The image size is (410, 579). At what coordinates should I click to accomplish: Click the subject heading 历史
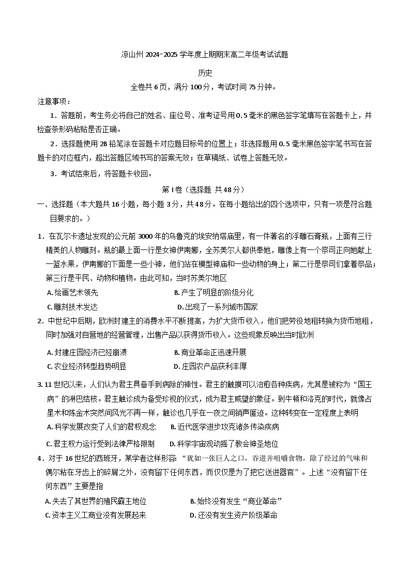(205, 73)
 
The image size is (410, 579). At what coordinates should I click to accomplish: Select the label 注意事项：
(54, 101)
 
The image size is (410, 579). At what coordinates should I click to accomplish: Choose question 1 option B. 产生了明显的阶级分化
(214, 292)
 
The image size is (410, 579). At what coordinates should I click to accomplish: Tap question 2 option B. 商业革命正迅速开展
(210, 352)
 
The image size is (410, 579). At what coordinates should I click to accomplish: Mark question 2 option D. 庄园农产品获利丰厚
(210, 366)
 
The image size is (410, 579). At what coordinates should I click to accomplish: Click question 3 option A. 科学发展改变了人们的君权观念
(101, 427)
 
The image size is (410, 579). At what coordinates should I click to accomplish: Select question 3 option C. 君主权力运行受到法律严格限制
(101, 444)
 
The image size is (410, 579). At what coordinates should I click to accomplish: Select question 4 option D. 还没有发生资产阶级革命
(234, 515)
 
